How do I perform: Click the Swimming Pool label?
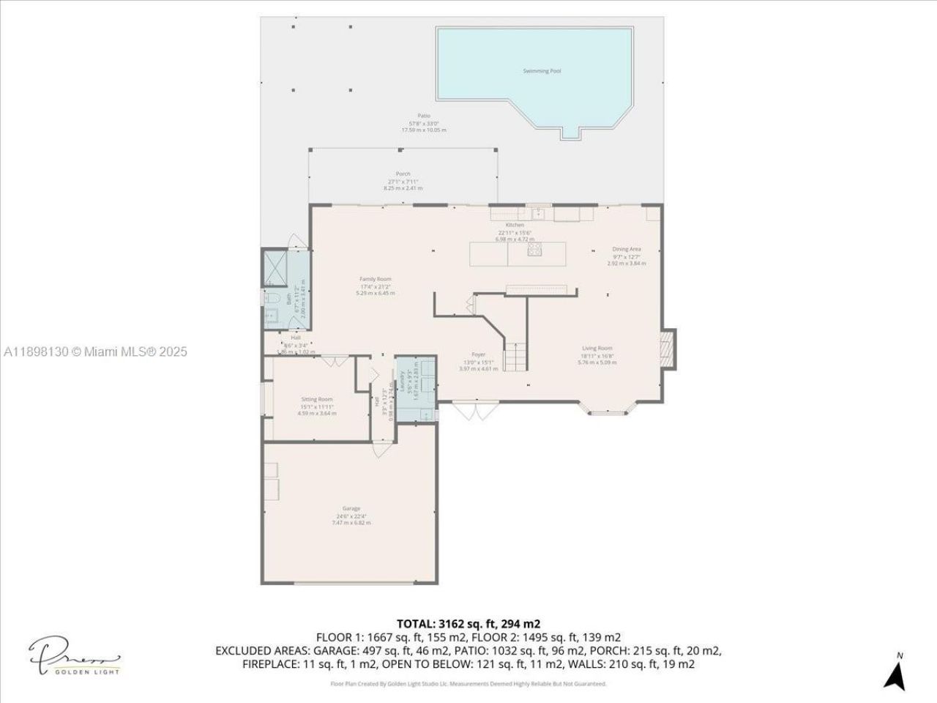coord(542,71)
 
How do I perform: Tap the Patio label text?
coord(423,115)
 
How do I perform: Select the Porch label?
coord(403,174)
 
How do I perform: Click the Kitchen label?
coord(515,225)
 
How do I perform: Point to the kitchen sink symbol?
coord(539,213)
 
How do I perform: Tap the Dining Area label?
coord(627,249)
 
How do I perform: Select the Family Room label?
coord(375,279)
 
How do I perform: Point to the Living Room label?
coord(597,349)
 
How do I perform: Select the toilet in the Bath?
coord(269,298)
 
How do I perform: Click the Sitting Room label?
coord(316,399)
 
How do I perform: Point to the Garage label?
coord(351,508)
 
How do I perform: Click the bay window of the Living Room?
coord(609,410)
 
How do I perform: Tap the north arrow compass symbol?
coord(895,672)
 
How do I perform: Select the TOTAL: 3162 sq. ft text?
coord(468,624)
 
